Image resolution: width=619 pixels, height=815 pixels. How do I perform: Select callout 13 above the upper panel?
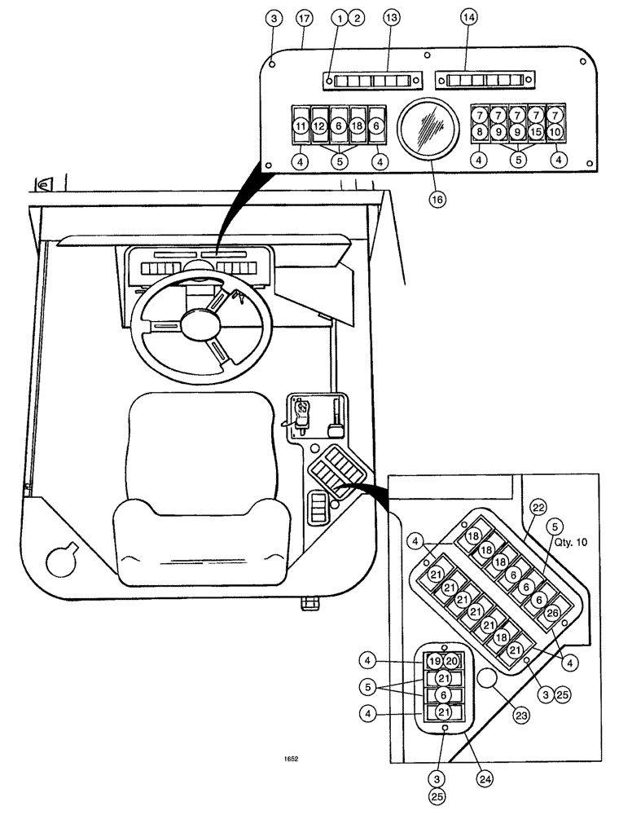391,18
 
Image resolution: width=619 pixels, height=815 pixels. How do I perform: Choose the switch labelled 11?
301,126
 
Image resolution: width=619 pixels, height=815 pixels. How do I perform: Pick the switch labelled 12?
319,126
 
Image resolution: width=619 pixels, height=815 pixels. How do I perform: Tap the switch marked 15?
535,130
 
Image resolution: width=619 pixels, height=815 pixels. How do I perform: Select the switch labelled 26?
551,612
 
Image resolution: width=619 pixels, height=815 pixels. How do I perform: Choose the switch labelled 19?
435,661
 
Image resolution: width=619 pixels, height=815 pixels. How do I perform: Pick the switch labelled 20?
452,661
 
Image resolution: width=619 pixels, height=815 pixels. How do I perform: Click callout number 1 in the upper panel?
340,18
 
